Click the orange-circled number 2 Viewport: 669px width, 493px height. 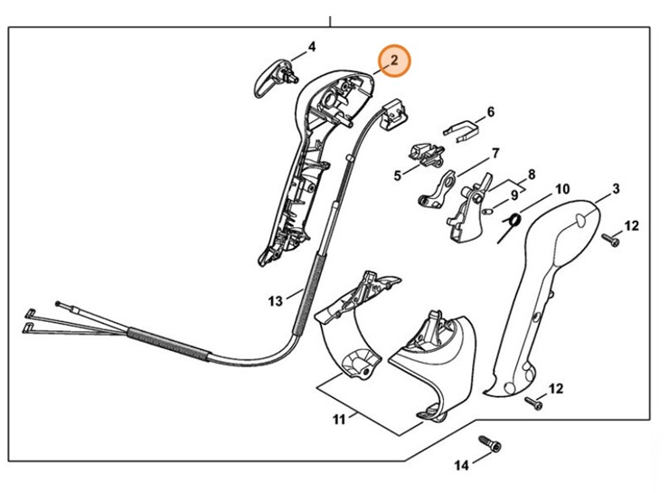point(393,61)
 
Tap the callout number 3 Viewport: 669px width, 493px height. point(616,189)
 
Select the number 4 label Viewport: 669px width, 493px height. point(311,46)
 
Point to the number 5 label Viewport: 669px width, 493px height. point(397,175)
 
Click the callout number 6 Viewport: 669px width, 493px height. point(491,112)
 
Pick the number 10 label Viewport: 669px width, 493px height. point(561,189)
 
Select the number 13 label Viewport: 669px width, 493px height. point(276,298)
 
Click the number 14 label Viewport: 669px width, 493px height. point(461,466)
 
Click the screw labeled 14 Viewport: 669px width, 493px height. point(491,446)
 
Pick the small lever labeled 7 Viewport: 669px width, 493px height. point(440,189)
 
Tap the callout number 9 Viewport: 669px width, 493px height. point(514,194)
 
